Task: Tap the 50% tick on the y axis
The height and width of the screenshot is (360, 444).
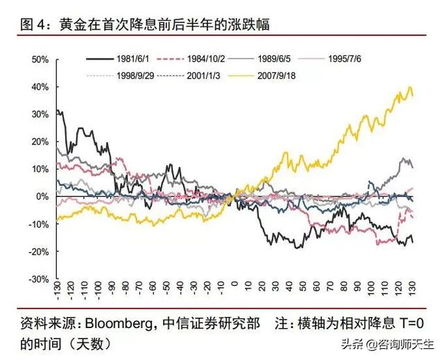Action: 39,60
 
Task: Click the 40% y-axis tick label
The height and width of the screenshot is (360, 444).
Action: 39,87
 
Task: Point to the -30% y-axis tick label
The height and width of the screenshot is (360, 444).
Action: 37,279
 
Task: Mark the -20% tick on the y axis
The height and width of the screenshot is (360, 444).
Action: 37,251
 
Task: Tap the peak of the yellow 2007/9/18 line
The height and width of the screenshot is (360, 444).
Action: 410,87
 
